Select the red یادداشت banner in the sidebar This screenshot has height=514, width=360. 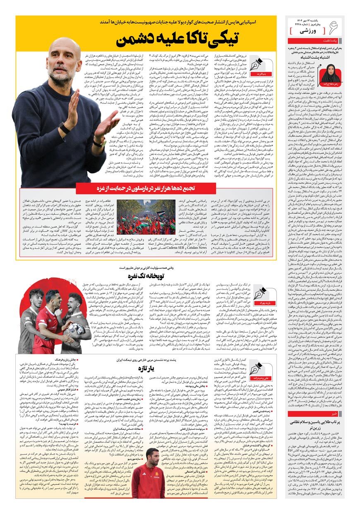click(315, 41)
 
